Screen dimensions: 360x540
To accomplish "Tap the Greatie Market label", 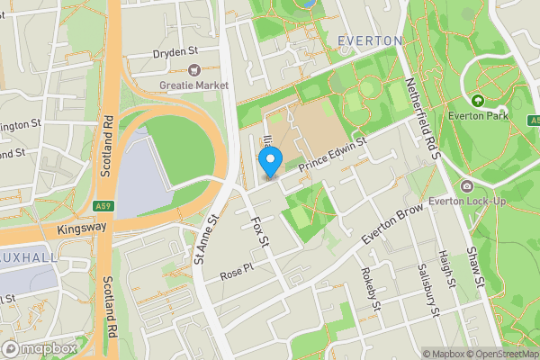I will (194, 85).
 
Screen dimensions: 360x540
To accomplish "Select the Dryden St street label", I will (175, 53).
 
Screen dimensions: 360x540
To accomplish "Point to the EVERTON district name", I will (370, 41).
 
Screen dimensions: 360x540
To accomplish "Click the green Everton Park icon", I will (477, 101).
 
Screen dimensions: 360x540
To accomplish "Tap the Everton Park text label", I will (478, 116).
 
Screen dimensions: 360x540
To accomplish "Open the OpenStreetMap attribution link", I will (498, 354).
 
